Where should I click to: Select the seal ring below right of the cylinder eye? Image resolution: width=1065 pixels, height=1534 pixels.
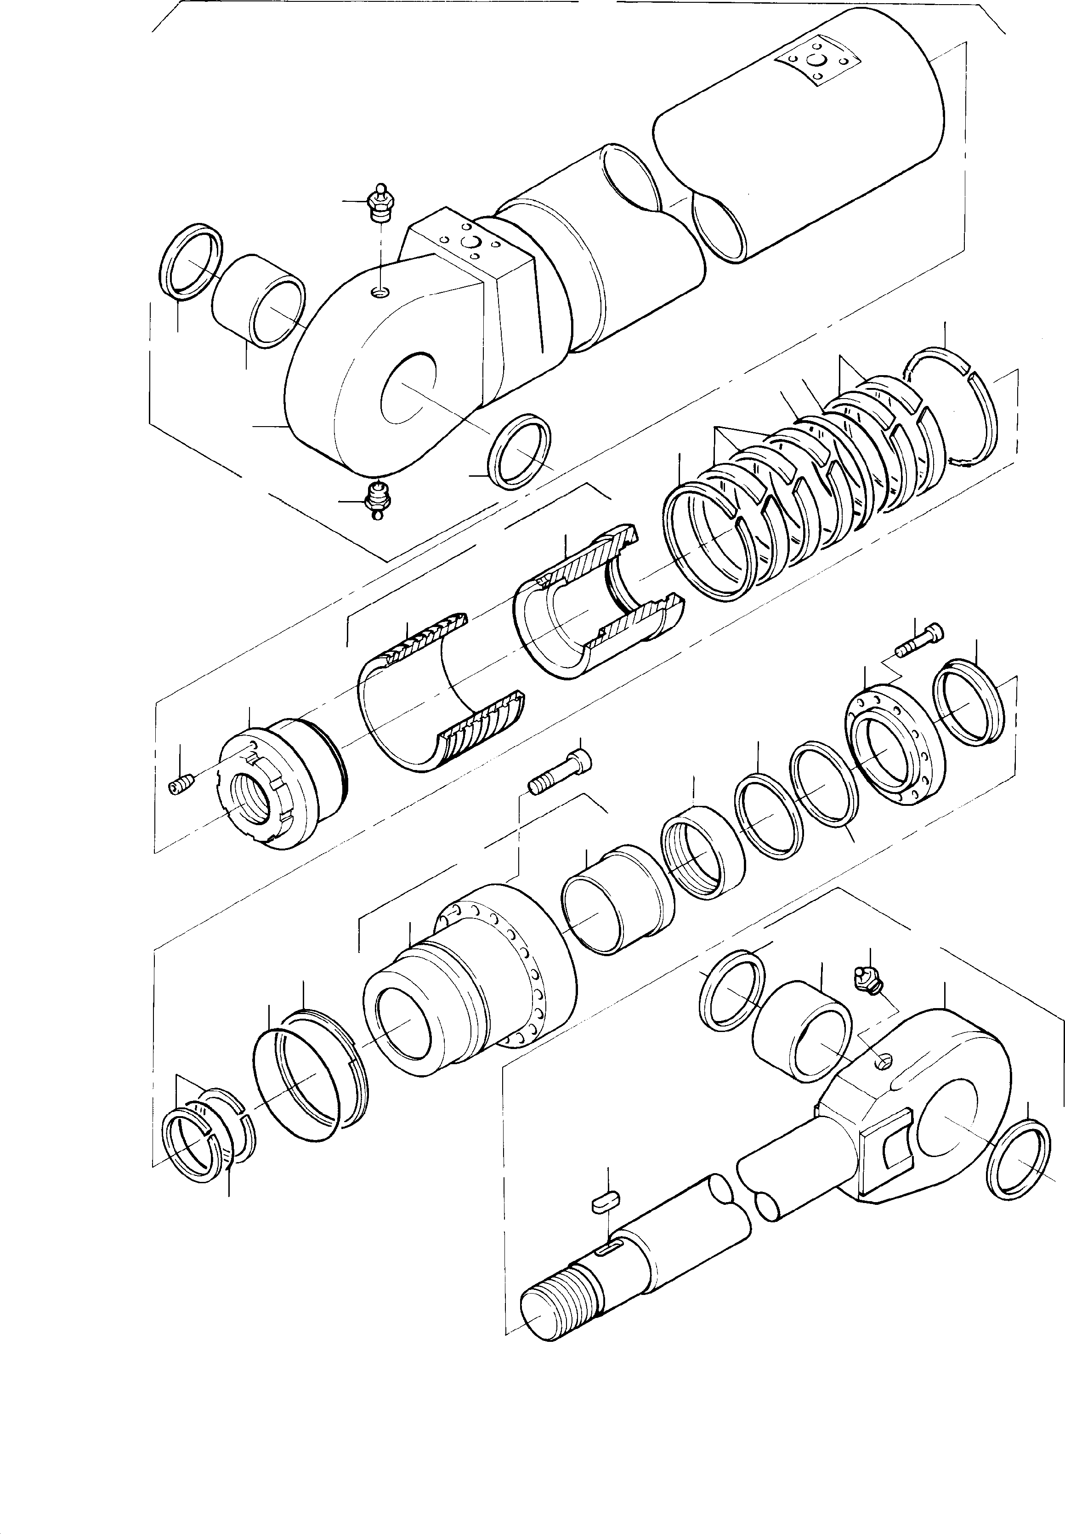coord(521,451)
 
